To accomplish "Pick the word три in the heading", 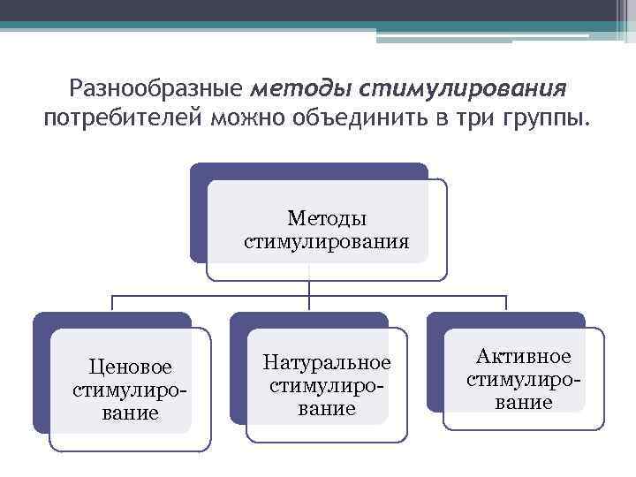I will (465, 117).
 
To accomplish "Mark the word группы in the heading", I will (541, 117).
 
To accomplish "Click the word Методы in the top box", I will (327, 218).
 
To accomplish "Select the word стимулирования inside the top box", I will (327, 240).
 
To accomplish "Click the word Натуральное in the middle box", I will (327, 363).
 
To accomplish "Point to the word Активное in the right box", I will (524, 357).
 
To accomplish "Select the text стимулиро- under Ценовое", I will (130, 390).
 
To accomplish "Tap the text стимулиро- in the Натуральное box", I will (327, 386).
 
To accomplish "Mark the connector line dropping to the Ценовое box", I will (112, 302).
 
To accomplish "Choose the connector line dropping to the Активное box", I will (506, 302).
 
